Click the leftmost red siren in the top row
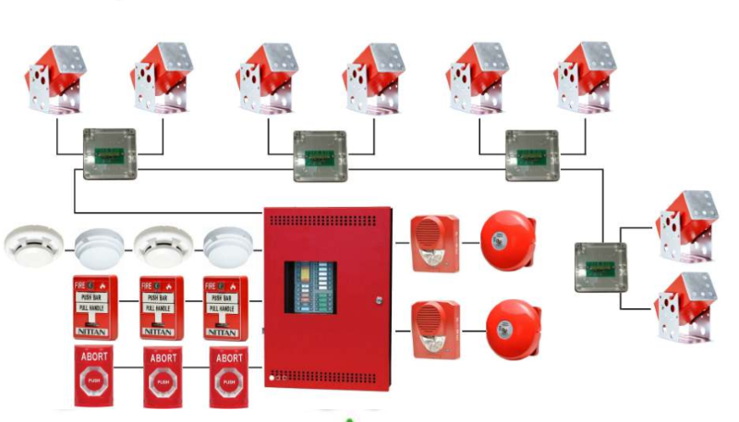[55, 78]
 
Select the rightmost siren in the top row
[585, 78]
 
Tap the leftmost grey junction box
[109, 153]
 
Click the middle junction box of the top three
[320, 155]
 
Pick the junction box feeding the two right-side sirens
[600, 266]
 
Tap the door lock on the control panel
[377, 298]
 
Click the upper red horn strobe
[434, 243]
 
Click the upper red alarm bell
[508, 243]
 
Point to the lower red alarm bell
[508, 328]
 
